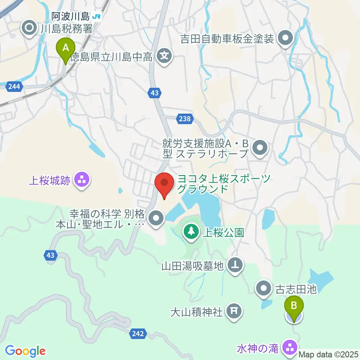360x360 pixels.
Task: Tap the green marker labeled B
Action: pos(294,310)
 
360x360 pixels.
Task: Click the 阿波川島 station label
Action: pos(70,16)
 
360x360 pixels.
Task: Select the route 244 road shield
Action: pos(14,87)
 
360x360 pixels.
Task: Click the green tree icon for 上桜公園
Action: pos(191,231)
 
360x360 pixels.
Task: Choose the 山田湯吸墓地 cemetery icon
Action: pos(235,266)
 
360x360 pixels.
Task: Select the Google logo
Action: pos(25,351)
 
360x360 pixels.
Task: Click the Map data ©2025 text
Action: pos(328,354)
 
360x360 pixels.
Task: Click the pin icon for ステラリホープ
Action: pos(259,148)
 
